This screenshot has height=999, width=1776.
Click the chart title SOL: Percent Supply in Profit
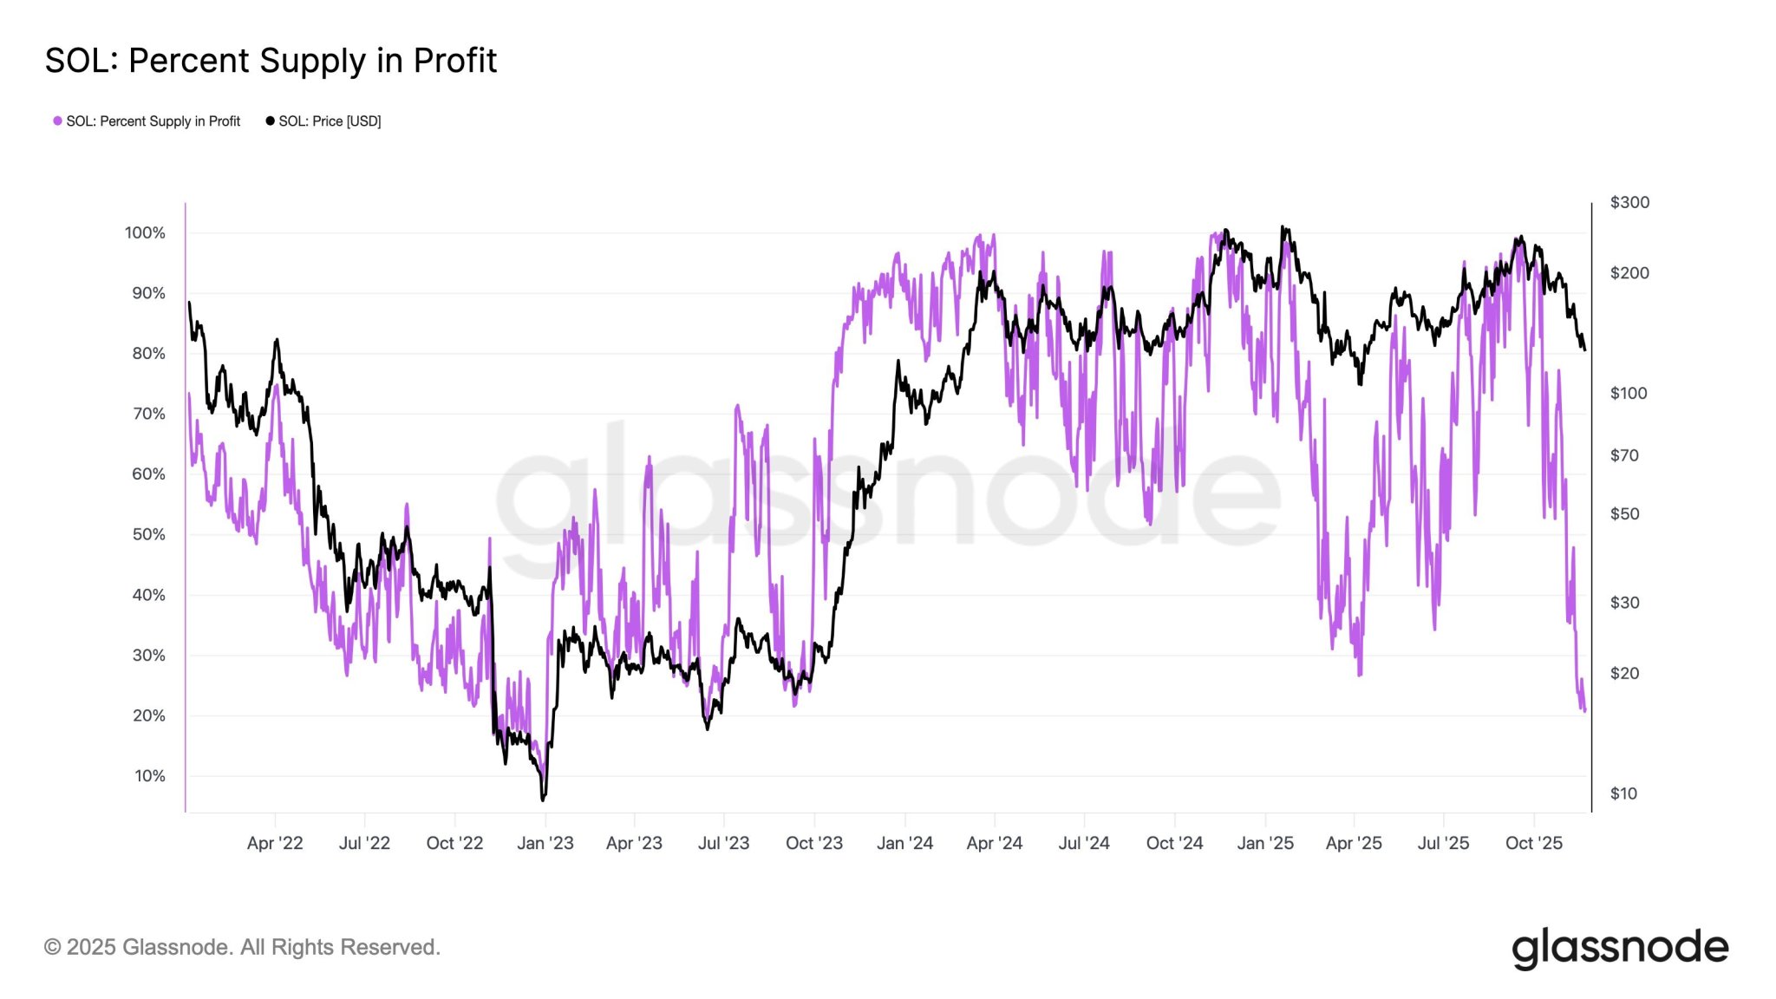pyautogui.click(x=271, y=61)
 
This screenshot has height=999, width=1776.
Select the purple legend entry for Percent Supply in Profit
pyautogui.click(x=147, y=121)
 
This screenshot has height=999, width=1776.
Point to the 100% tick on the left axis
pyautogui.click(x=145, y=232)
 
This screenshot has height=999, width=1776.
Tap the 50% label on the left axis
pyautogui.click(x=148, y=534)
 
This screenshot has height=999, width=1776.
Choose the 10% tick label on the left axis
pyautogui.click(x=149, y=776)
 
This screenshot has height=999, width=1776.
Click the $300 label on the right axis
pyautogui.click(x=1629, y=202)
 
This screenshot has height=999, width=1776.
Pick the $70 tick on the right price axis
pyautogui.click(x=1624, y=455)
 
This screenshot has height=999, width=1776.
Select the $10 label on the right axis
pyautogui.click(x=1623, y=793)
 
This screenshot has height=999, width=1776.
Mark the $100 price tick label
pyautogui.click(x=1628, y=393)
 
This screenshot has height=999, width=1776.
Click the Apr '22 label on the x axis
pyautogui.click(x=275, y=843)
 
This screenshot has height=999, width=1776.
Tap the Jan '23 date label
pyautogui.click(x=545, y=843)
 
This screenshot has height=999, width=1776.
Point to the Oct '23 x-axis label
pyautogui.click(x=813, y=843)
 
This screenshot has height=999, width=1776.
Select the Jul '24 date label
pyautogui.click(x=1084, y=843)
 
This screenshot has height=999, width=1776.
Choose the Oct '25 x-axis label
pyautogui.click(x=1533, y=843)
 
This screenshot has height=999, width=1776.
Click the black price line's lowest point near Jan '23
pyautogui.click(x=543, y=799)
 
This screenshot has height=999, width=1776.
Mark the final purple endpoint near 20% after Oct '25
pyautogui.click(x=1584, y=711)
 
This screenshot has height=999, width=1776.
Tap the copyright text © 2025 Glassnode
pyautogui.click(x=242, y=947)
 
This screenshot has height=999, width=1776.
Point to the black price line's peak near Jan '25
pyautogui.click(x=1283, y=227)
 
